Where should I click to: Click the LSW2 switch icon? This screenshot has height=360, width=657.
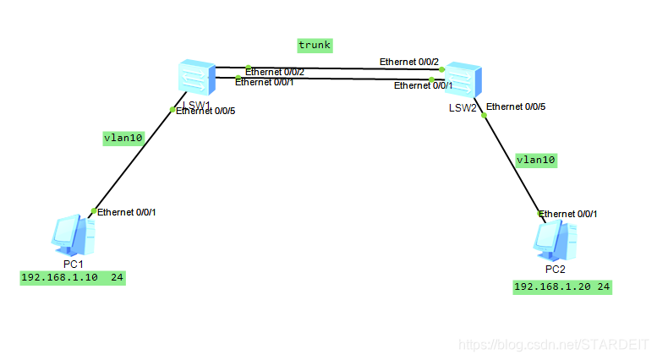(x=463, y=81)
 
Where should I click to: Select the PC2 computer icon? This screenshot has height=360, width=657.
(x=555, y=240)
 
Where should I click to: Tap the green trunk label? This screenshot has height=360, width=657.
(x=315, y=44)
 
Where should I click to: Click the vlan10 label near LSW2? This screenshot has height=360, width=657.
(x=536, y=159)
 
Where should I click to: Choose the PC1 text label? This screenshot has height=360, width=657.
(x=74, y=264)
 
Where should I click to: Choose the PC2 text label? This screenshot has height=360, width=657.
(x=555, y=270)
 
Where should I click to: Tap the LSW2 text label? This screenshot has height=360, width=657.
(x=462, y=108)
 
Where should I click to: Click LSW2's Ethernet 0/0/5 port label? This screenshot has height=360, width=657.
(x=517, y=106)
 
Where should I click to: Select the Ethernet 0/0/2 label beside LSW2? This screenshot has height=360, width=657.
(x=409, y=62)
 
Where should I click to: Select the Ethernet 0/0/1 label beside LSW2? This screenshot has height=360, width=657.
(x=424, y=85)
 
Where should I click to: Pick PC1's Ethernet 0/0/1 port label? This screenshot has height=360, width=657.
(x=127, y=212)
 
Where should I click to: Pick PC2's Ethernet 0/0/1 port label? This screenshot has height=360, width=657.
(x=568, y=214)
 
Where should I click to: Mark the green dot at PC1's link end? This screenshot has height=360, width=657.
(x=93, y=210)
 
